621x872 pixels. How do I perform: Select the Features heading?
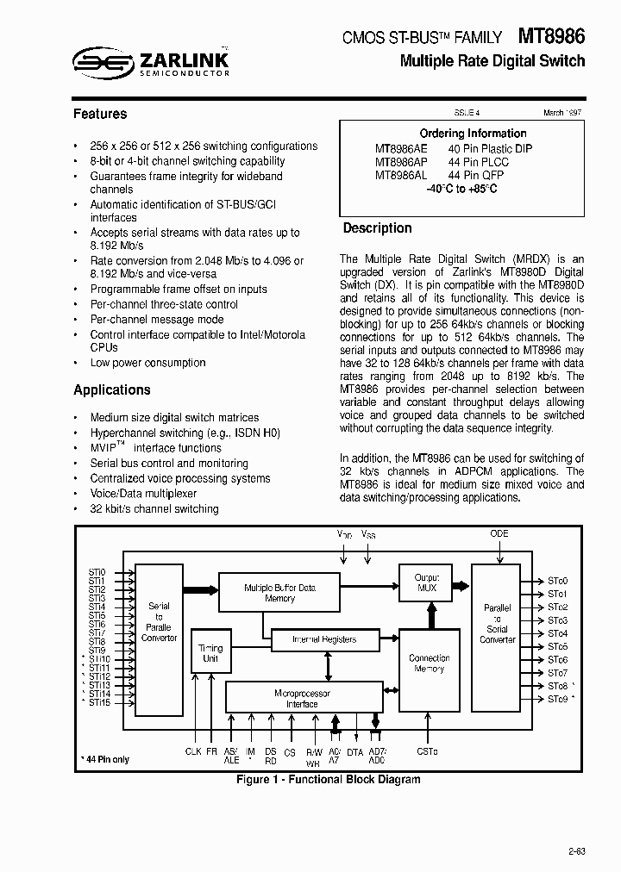pyautogui.click(x=100, y=114)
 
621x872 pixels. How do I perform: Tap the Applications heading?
pyautogui.click(x=112, y=389)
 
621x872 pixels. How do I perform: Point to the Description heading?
pyautogui.click(x=377, y=228)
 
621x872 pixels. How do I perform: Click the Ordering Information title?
pyautogui.click(x=473, y=134)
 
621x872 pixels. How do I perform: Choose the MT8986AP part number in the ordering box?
pyautogui.click(x=401, y=161)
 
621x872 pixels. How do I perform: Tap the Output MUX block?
pyautogui.click(x=426, y=583)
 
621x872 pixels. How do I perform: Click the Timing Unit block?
pyautogui.click(x=210, y=653)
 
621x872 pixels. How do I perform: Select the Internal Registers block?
pyautogui.click(x=323, y=639)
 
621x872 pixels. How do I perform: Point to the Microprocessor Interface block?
pyautogui.click(x=301, y=698)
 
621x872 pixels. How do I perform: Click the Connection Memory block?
pyautogui.click(x=429, y=663)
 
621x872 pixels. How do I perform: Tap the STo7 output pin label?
pyautogui.click(x=557, y=673)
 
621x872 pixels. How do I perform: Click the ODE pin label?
pyautogui.click(x=499, y=533)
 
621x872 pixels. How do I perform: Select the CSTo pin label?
pyautogui.click(x=427, y=752)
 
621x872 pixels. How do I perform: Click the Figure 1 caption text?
pyautogui.click(x=329, y=779)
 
